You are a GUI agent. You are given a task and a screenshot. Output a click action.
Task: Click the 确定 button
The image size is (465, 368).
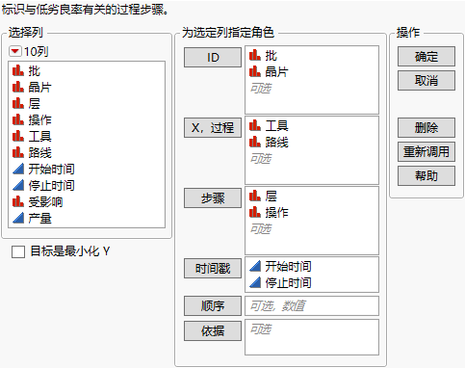click(x=426, y=58)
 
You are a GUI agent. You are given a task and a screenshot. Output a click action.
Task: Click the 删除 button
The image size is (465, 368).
click(x=426, y=128)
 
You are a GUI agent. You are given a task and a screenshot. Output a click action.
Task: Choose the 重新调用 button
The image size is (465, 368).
click(x=426, y=151)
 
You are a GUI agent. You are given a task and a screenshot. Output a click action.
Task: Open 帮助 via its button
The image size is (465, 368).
click(x=426, y=175)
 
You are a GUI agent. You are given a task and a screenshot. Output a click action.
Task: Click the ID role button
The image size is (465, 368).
click(x=212, y=58)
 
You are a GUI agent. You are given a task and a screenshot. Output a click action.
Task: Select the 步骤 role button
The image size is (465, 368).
click(x=212, y=197)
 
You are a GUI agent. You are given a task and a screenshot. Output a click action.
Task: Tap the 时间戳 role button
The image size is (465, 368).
click(x=212, y=268)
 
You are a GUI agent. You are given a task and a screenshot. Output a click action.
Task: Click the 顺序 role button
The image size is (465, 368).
click(x=212, y=305)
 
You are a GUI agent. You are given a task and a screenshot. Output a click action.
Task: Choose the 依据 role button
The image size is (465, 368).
click(x=212, y=329)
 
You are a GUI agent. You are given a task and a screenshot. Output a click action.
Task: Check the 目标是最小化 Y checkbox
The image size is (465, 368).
click(x=18, y=252)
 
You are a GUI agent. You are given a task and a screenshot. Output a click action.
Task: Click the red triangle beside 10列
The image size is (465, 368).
click(x=14, y=51)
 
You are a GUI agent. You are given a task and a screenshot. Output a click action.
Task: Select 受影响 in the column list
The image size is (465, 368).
click(x=41, y=202)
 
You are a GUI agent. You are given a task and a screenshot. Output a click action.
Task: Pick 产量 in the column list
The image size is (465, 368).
click(x=41, y=219)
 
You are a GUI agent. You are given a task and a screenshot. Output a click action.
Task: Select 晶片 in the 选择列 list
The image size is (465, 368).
click(x=41, y=87)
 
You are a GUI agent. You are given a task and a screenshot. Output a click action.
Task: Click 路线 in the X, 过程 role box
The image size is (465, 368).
click(x=277, y=142)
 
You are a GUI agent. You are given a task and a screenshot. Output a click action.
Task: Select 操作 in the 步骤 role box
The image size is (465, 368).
click(x=277, y=212)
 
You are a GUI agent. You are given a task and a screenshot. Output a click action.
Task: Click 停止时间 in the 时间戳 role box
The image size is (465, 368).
click(x=288, y=282)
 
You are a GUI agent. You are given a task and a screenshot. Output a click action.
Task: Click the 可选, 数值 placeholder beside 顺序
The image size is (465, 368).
click(x=278, y=305)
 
